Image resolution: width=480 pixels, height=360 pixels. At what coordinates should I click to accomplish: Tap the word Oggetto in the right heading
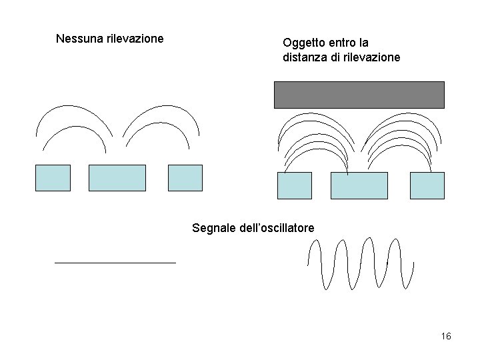pos(304,43)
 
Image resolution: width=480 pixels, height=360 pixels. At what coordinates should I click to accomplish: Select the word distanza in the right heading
pos(304,57)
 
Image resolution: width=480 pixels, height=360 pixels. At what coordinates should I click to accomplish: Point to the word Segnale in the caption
pos(213,228)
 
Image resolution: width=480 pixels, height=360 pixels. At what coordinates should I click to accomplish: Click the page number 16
pos(446,336)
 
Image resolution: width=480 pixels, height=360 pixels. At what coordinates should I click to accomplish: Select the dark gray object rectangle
pos(359,95)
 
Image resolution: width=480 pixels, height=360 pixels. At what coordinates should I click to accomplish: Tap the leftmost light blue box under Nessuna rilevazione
pos(53,178)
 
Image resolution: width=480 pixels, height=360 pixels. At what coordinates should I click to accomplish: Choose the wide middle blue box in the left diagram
pos(117,178)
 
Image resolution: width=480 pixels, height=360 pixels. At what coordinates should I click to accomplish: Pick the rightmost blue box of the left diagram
pos(185,178)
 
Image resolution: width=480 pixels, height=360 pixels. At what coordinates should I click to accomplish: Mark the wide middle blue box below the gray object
pos(359,185)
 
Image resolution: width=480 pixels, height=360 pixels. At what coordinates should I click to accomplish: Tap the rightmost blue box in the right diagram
pos(427,185)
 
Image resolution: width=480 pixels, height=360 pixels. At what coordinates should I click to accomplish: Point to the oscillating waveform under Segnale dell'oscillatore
pos(360,263)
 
